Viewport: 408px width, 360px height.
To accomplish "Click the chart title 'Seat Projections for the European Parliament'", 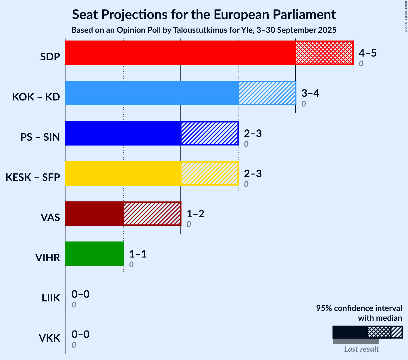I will pos(204,14).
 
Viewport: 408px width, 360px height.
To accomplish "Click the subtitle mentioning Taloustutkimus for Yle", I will pos(204,30).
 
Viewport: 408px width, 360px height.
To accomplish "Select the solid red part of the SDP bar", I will pos(180,53).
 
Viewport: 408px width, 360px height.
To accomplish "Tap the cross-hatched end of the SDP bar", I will pos(324,53).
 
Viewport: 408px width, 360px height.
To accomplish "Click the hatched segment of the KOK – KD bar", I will pos(267,93).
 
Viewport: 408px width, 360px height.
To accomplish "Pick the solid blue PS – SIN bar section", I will pos(123,133).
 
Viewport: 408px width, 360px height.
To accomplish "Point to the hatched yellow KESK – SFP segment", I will pos(209,173).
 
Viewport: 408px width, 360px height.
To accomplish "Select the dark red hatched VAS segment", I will pos(152,214).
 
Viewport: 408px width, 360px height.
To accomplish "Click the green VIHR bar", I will pos(95,254).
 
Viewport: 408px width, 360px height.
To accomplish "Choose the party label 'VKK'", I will pos(49,338).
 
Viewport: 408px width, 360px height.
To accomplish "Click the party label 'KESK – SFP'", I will pos(33,177).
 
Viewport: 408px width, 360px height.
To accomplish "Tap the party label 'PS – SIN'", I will pos(40,137).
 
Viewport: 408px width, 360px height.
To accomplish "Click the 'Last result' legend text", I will pos(361,349).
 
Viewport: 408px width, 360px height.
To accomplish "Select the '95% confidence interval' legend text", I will pos(359,308).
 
